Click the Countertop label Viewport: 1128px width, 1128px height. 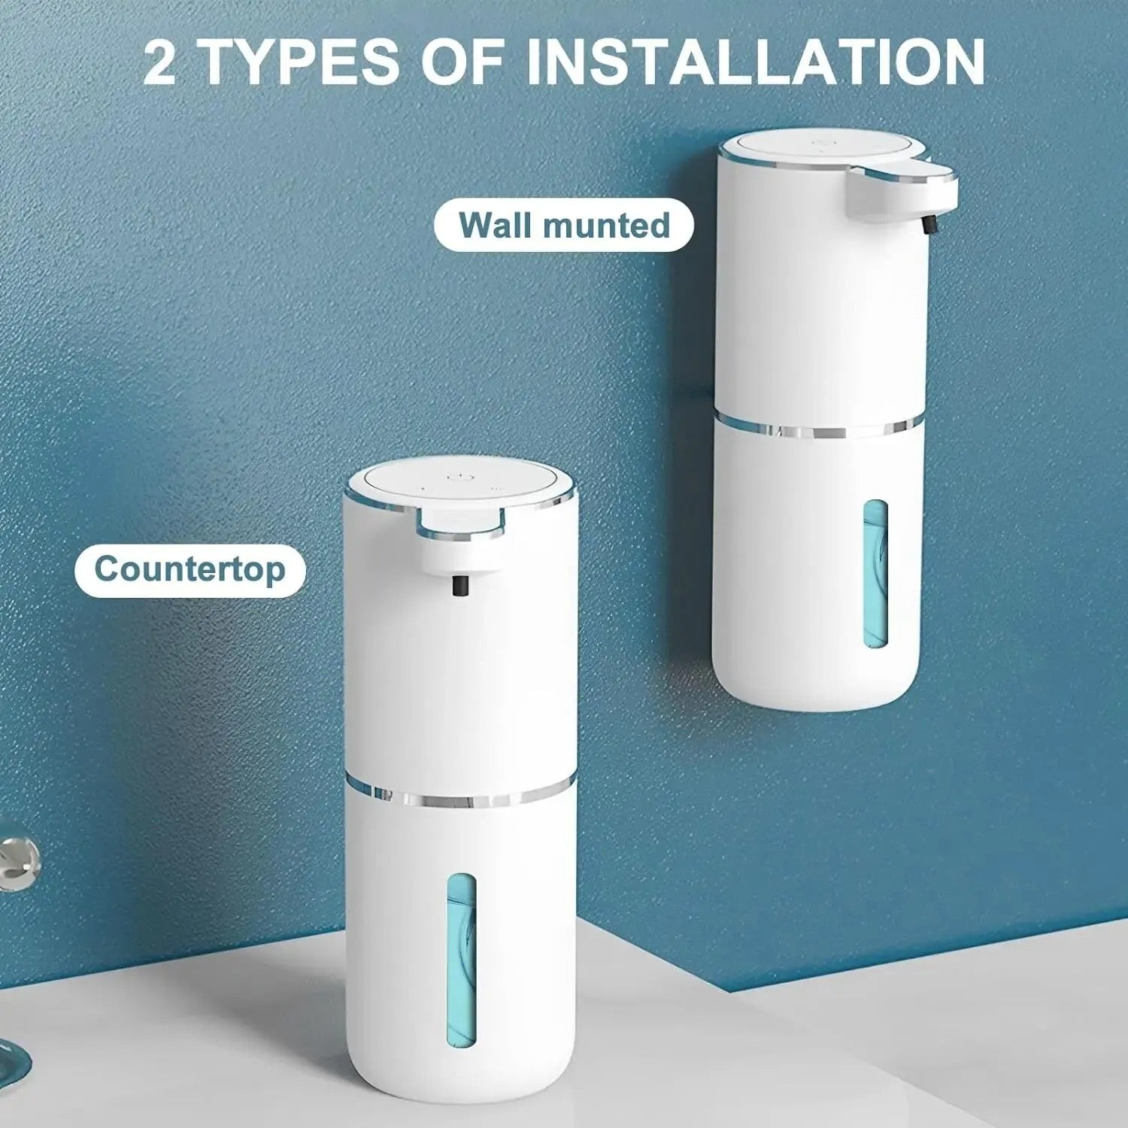tap(190, 569)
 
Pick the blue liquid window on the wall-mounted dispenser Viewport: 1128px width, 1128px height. tap(875, 575)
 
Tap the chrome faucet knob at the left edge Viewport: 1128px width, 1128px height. tap(19, 857)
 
